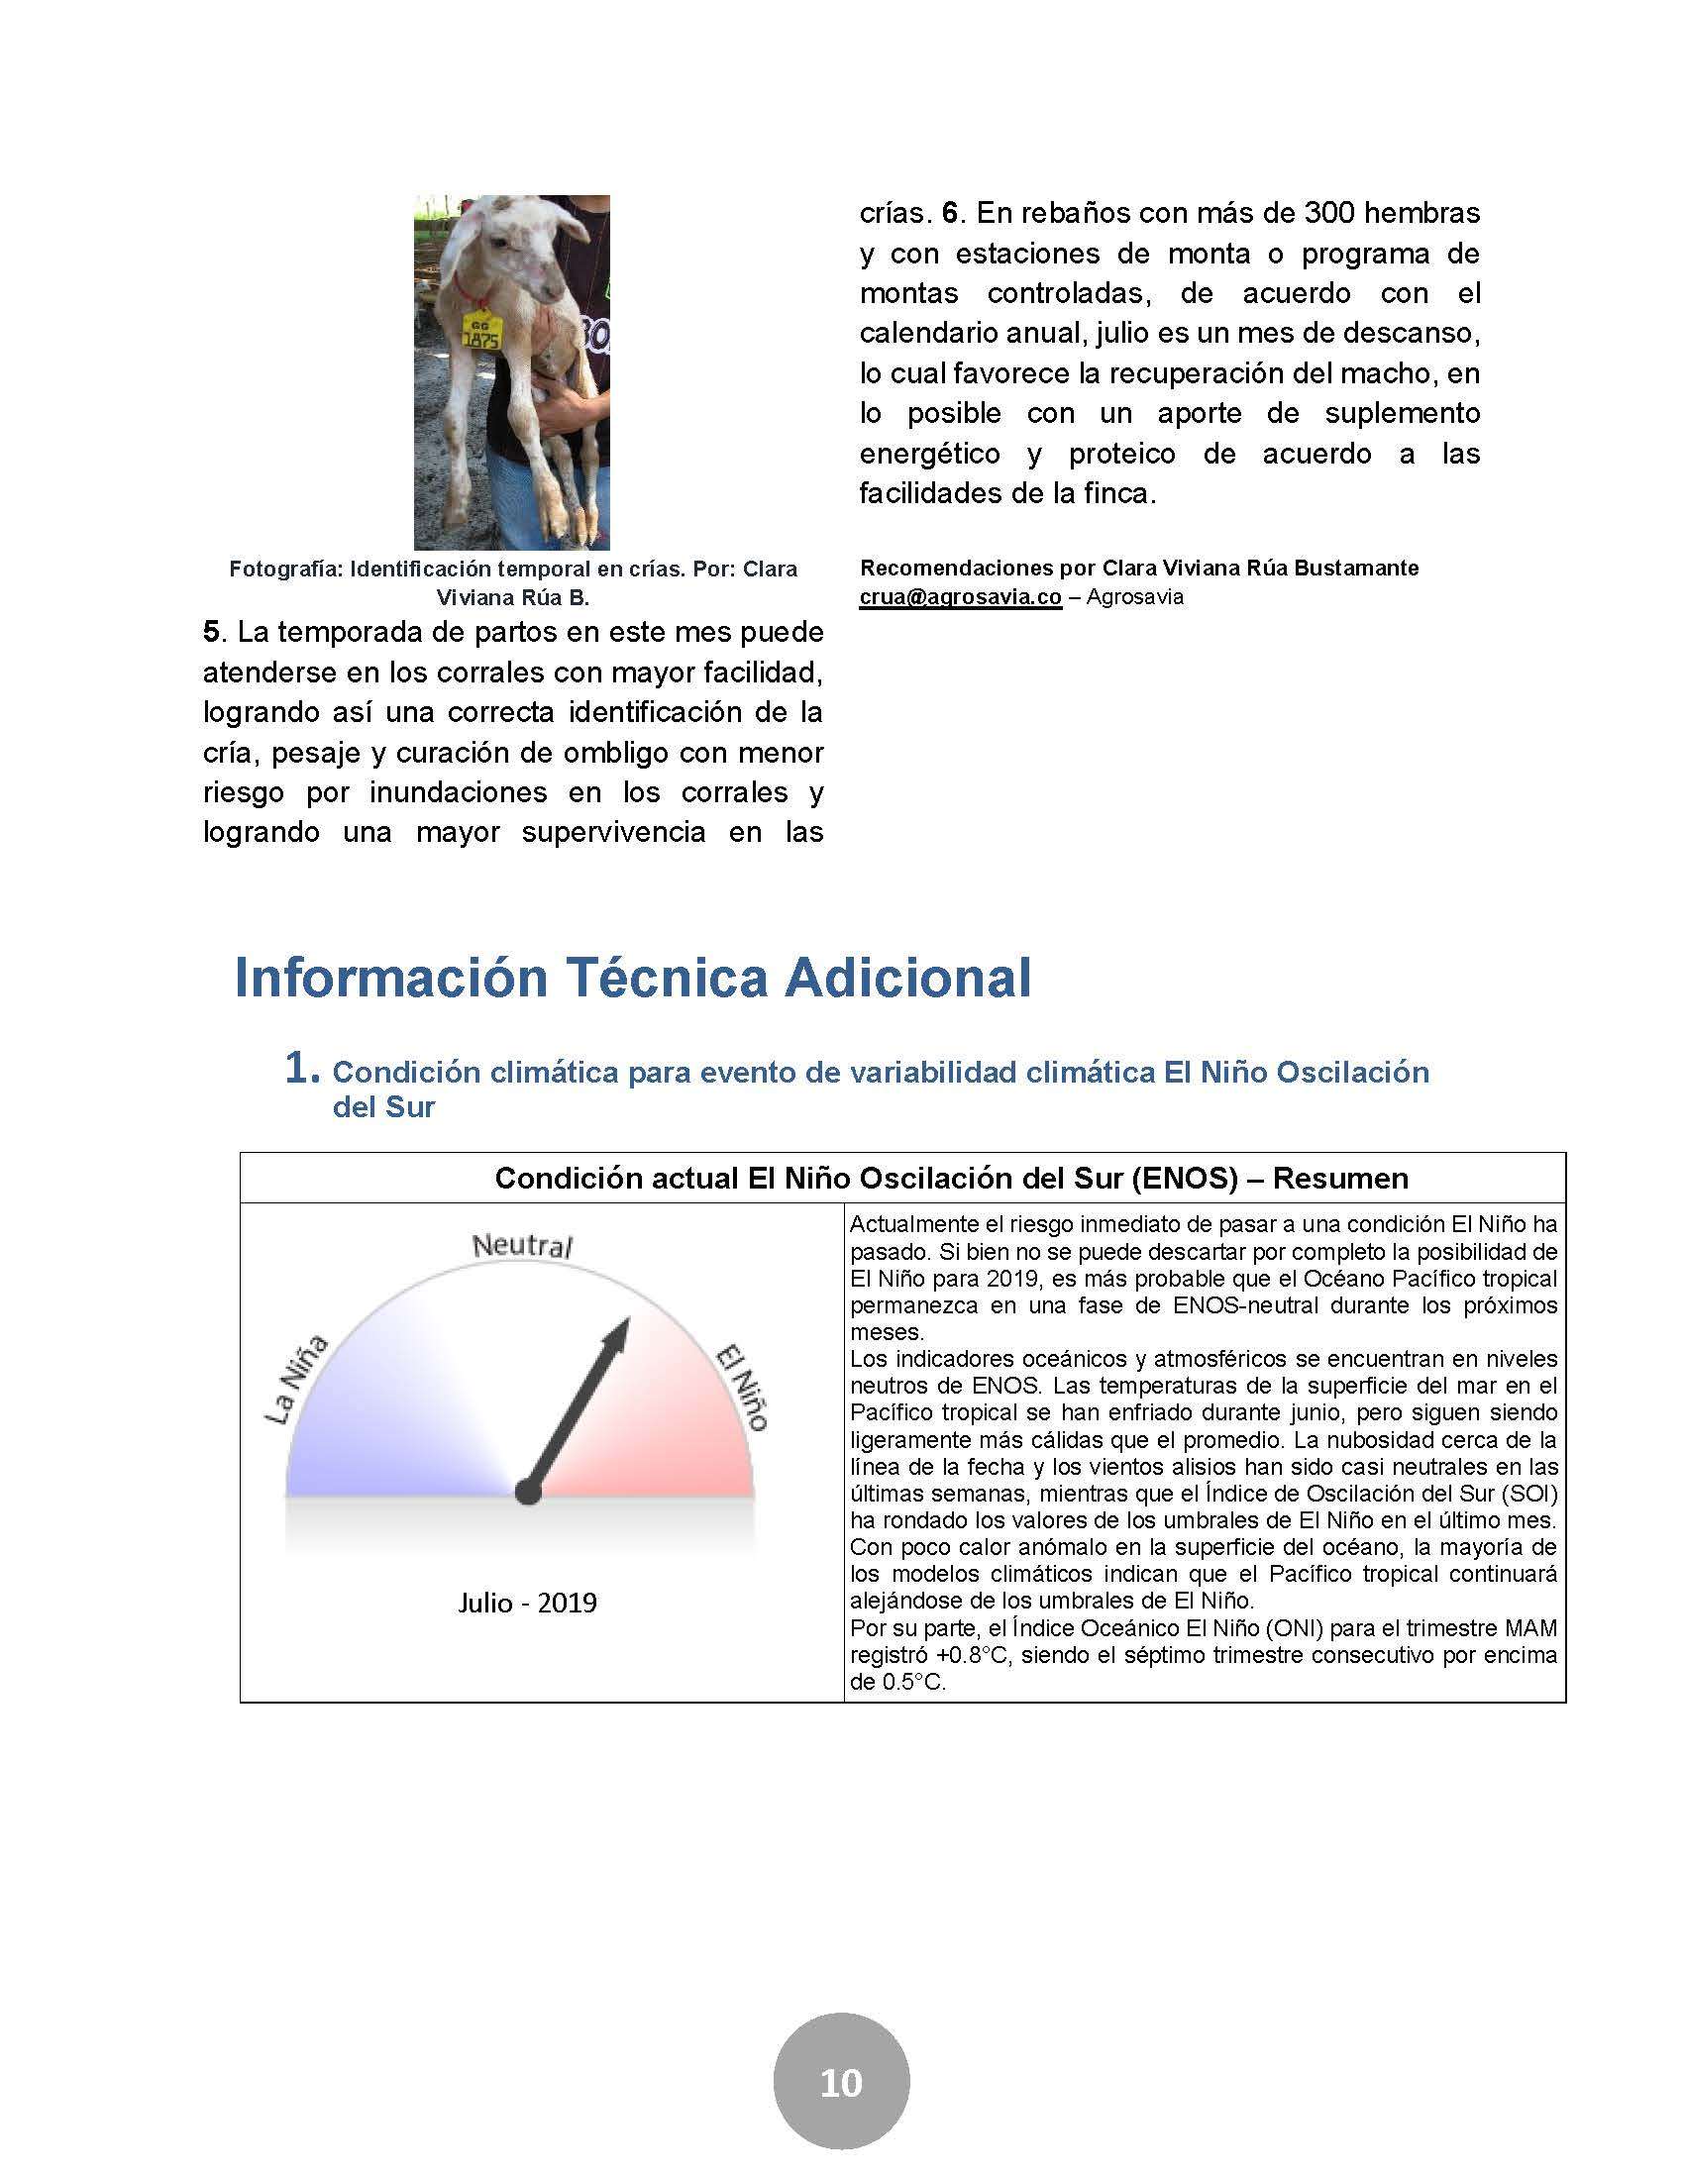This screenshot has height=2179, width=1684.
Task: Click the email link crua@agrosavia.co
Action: pyautogui.click(x=960, y=596)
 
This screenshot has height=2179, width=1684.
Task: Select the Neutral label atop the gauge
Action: pyautogui.click(x=522, y=1246)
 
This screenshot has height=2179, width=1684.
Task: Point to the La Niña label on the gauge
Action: pyautogui.click(x=295, y=1379)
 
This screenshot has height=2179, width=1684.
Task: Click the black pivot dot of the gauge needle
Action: pyautogui.click(x=527, y=1493)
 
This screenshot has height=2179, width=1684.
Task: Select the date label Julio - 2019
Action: pyautogui.click(x=527, y=1604)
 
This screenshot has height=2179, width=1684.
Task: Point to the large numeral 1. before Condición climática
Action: pyautogui.click(x=301, y=1069)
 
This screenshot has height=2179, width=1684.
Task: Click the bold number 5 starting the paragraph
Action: pyautogui.click(x=210, y=632)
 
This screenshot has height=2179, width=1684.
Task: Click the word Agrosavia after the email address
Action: pyautogui.click(x=1134, y=596)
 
